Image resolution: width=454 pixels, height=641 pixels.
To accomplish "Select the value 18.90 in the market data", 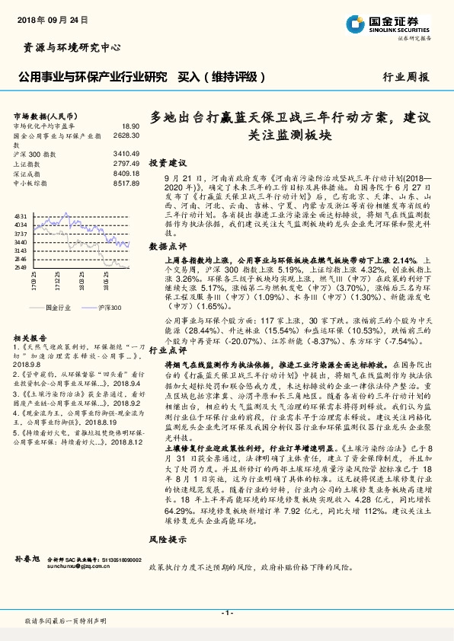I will [130, 126].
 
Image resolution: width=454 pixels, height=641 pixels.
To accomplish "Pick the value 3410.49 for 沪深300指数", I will [126, 153].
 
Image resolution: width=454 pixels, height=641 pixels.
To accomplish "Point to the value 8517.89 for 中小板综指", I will [126, 183].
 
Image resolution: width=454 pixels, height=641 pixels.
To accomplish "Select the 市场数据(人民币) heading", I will [43, 114].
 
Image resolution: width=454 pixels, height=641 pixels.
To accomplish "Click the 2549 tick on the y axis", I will [21, 267].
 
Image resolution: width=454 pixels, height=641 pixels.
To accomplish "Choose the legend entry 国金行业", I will [57, 307].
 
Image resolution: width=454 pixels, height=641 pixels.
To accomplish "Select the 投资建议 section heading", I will [168, 163].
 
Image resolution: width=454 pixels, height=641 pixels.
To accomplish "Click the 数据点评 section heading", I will [168, 247].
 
